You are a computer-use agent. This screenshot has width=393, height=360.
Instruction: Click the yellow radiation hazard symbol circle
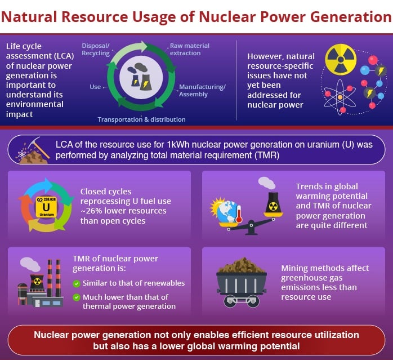click(x=341, y=60)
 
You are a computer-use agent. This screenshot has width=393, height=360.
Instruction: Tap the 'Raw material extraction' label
click(x=190, y=50)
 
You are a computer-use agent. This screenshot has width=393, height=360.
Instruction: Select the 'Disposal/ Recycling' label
click(x=96, y=50)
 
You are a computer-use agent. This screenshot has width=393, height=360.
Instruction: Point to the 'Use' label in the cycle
click(x=95, y=87)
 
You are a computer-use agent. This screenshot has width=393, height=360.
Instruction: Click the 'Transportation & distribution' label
click(x=142, y=119)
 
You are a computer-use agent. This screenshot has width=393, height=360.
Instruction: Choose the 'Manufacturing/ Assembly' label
click(x=202, y=90)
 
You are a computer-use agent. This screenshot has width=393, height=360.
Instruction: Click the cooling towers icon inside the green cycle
click(x=140, y=77)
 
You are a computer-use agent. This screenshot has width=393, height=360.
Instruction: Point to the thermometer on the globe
click(x=239, y=214)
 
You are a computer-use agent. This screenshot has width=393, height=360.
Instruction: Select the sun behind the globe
click(x=217, y=207)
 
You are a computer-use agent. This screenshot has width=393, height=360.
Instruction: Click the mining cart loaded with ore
click(x=241, y=282)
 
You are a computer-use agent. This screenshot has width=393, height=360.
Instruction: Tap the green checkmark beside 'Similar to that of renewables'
click(x=77, y=283)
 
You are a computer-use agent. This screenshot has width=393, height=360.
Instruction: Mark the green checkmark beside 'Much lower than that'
click(x=77, y=297)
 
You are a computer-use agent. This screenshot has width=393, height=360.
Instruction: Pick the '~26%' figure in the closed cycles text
click(x=91, y=211)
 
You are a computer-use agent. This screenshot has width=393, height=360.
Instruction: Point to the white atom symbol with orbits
click(x=340, y=97)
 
